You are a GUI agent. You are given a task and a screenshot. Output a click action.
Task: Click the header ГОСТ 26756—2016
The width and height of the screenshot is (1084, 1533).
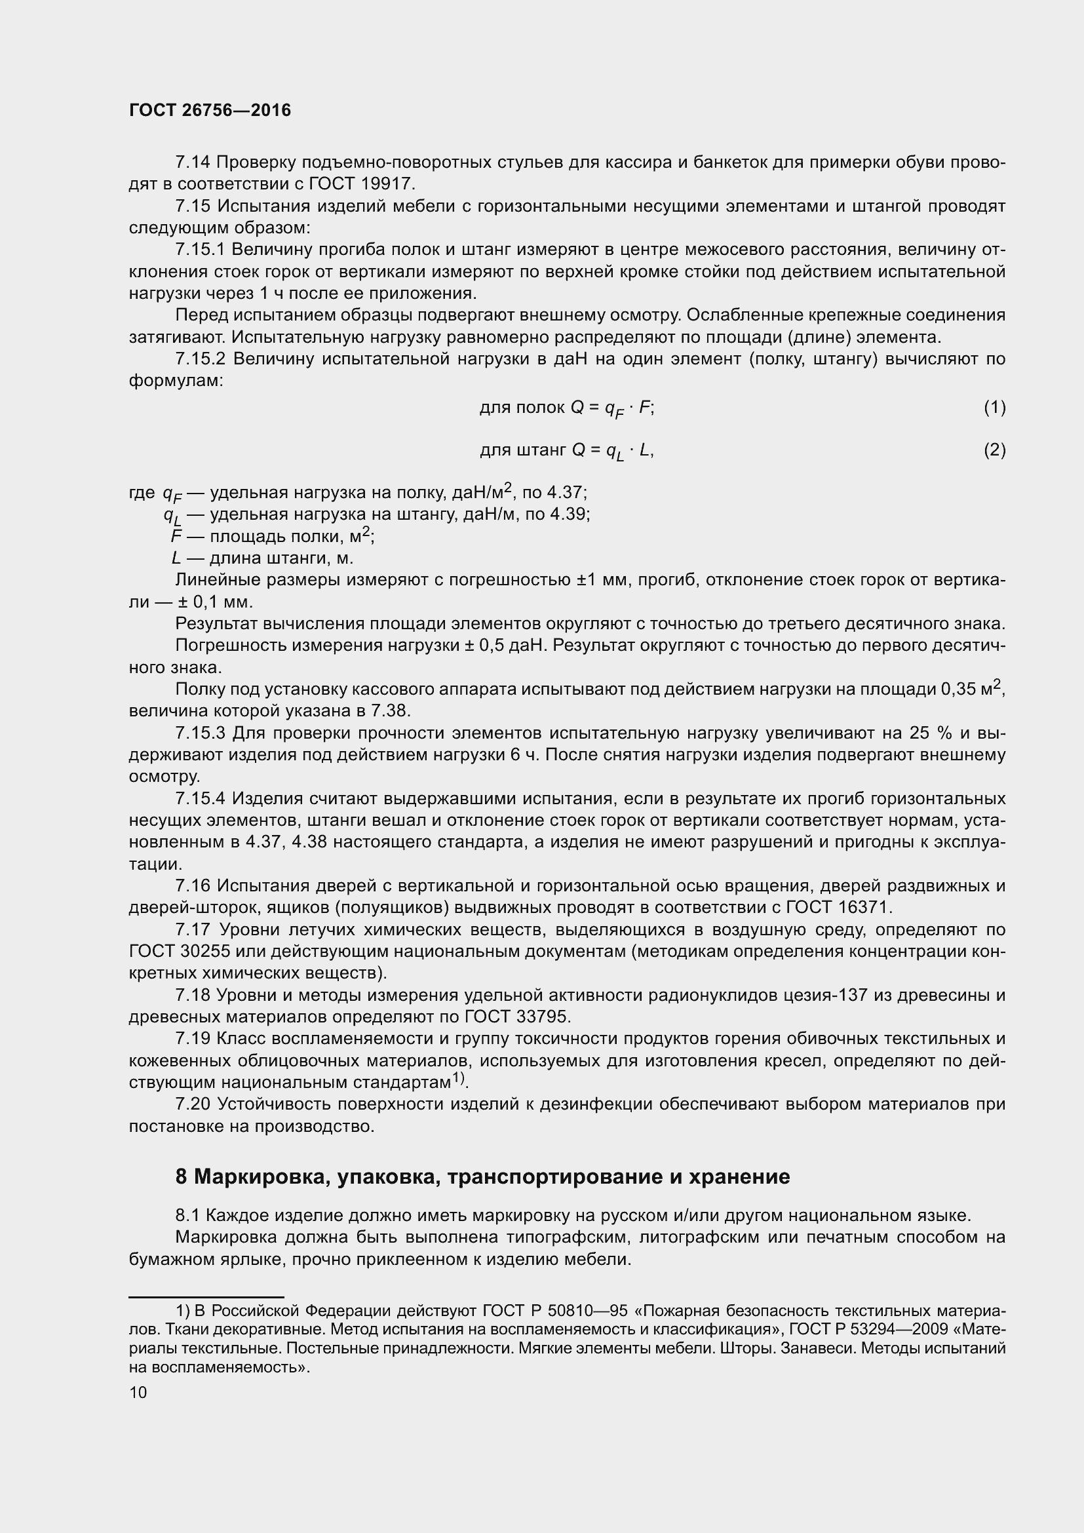[x=210, y=110]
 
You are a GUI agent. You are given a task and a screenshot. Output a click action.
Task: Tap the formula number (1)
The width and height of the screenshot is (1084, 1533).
[x=994, y=407]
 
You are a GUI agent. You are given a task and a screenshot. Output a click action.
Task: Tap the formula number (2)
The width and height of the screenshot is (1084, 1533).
[x=994, y=450]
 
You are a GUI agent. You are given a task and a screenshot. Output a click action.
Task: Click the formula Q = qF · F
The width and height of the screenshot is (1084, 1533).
[x=612, y=408]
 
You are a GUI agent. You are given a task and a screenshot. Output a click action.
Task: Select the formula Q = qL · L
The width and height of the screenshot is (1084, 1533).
[x=612, y=452]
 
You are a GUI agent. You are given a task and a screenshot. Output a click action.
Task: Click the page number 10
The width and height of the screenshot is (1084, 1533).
[x=138, y=1392]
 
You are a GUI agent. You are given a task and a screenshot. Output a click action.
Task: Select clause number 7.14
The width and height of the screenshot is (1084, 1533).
[x=193, y=163]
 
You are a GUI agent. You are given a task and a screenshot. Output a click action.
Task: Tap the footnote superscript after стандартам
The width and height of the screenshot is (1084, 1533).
[x=458, y=1077]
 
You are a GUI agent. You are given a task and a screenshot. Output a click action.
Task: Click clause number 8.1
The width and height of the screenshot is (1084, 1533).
[x=187, y=1215]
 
